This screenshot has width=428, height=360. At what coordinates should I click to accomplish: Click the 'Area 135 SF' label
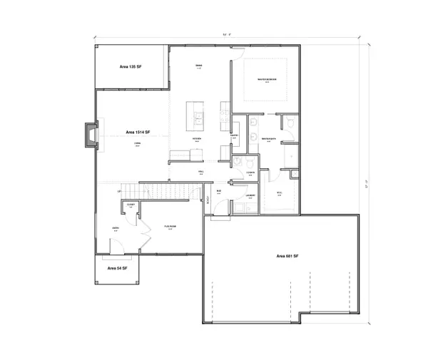(x=132, y=66)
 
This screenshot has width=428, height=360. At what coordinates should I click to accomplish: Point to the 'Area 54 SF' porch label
(x=117, y=268)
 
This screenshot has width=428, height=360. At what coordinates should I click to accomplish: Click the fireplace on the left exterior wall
(x=88, y=135)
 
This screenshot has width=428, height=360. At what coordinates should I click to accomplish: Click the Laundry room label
(x=251, y=195)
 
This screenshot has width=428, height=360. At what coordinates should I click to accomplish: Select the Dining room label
(x=199, y=66)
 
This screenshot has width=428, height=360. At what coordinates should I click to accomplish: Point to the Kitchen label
(x=197, y=138)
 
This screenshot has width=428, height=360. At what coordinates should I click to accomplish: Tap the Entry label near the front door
(x=116, y=228)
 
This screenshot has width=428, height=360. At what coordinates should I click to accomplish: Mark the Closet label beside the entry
(x=131, y=205)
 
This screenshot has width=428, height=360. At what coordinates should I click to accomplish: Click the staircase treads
(x=157, y=190)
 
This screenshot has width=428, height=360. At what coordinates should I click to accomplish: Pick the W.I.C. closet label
(x=279, y=192)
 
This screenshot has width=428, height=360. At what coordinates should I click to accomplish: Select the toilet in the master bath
(x=293, y=125)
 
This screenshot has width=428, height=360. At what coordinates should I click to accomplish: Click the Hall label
(x=202, y=172)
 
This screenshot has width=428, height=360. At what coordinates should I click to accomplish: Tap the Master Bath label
(x=268, y=138)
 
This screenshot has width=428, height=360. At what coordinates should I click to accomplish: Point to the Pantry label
(x=234, y=125)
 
